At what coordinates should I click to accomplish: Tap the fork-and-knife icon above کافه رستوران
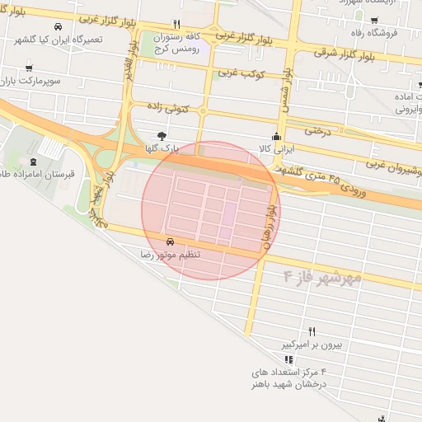[x=176, y=25]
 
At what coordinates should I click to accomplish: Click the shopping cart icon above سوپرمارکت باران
[x=30, y=68]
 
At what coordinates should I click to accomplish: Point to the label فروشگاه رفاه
[x=393, y=34]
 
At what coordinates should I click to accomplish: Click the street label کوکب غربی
[x=240, y=73]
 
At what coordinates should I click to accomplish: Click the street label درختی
[x=316, y=129]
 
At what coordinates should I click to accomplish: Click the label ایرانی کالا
[x=276, y=150]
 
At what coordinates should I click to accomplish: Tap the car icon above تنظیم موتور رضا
[x=170, y=241]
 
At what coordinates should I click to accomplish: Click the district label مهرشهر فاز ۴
[x=322, y=276]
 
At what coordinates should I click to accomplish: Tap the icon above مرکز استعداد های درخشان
[x=288, y=359]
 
